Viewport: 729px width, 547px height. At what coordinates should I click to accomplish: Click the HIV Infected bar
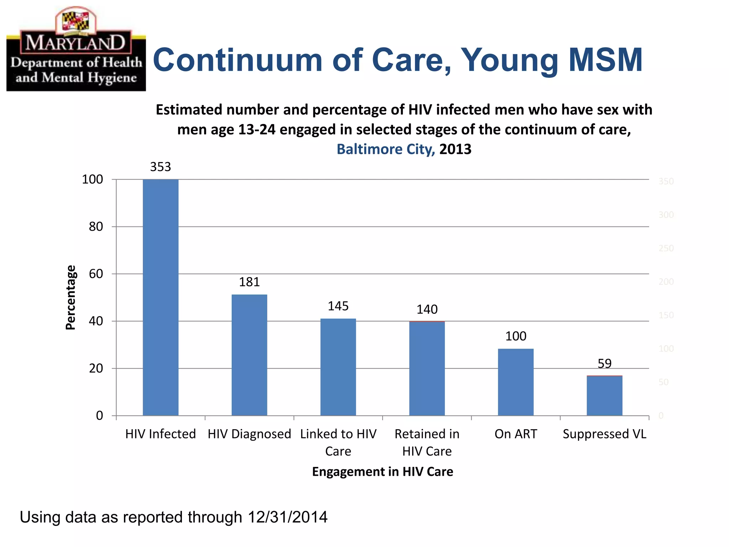pos(161,297)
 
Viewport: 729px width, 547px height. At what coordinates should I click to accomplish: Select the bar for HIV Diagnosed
pos(249,355)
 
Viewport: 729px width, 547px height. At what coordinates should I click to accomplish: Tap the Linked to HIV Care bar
pos(338,367)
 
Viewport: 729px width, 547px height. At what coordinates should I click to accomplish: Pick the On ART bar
pos(515,382)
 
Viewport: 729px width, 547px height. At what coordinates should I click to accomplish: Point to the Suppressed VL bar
pos(604,395)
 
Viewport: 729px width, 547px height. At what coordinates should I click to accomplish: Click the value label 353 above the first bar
pos(161,167)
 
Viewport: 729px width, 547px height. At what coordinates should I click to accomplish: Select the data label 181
pos(249,282)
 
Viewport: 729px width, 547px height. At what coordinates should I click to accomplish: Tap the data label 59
pos(604,364)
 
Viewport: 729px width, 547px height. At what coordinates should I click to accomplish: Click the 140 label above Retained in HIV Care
pos(427,309)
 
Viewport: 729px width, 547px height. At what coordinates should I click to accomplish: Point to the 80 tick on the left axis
pos(96,226)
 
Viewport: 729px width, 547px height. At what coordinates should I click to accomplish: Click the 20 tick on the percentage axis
pos(96,368)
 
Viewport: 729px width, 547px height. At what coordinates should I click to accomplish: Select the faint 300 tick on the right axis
pos(666,215)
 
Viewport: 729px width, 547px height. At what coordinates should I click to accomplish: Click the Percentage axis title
pos(71,297)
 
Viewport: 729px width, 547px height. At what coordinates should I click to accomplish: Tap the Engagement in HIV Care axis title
pos(382,472)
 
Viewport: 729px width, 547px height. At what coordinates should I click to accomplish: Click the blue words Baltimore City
pos(386,149)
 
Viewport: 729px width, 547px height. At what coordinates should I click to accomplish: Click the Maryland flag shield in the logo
pos(75,21)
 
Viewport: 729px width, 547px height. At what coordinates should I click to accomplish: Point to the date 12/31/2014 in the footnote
pos(287,517)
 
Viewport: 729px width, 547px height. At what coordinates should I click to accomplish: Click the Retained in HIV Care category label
pos(427,442)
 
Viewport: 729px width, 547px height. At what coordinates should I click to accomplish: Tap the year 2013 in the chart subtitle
pos(455,149)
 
